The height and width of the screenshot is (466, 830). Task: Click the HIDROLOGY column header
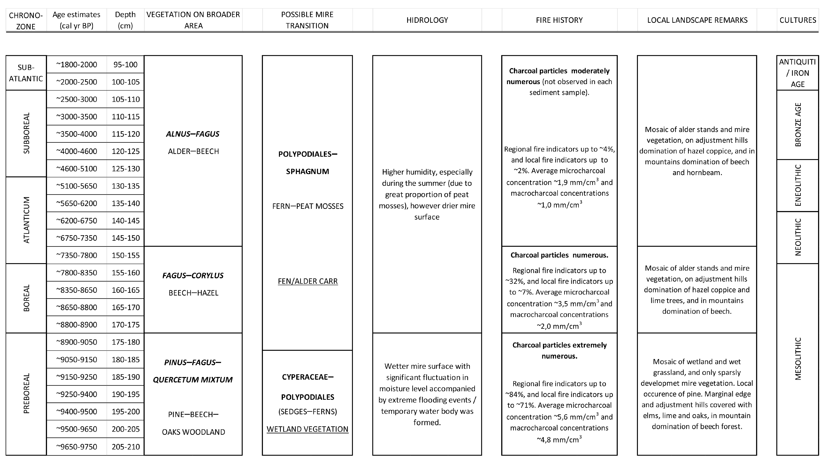pyautogui.click(x=427, y=20)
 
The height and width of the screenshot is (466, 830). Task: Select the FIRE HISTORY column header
pyautogui.click(x=559, y=20)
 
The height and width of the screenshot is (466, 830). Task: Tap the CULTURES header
pyautogui.click(x=798, y=20)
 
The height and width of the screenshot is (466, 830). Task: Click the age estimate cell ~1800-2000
pyautogui.click(x=77, y=64)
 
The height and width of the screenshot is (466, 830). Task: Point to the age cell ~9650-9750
pyautogui.click(x=77, y=447)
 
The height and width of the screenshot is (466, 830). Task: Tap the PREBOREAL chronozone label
pyautogui.click(x=26, y=393)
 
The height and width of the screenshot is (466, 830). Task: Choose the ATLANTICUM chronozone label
pyautogui.click(x=26, y=220)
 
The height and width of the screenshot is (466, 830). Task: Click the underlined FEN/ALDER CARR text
pyautogui.click(x=308, y=281)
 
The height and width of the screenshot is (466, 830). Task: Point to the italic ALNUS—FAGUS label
pyautogui.click(x=193, y=134)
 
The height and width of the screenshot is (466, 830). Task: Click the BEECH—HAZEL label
pyautogui.click(x=193, y=293)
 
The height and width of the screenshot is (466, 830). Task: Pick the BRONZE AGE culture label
pyautogui.click(x=798, y=125)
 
